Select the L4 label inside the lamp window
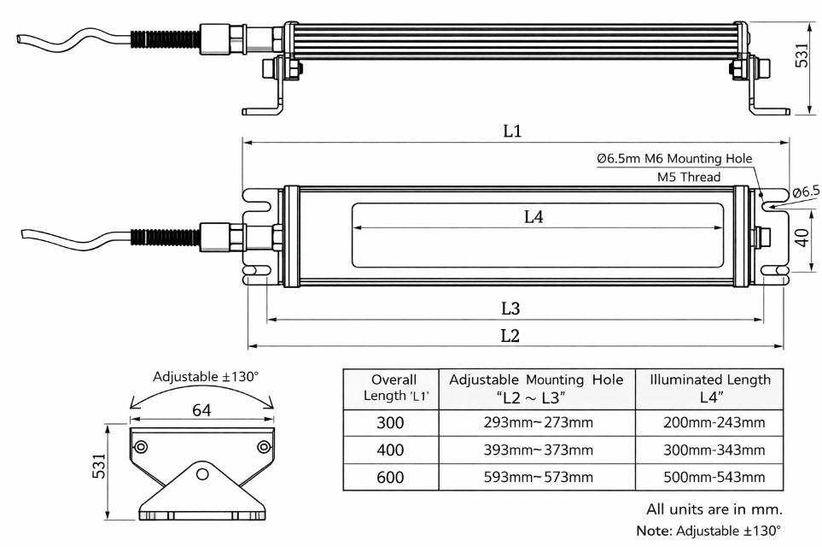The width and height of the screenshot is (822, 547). tap(533, 217)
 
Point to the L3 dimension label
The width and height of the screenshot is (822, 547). tap(511, 308)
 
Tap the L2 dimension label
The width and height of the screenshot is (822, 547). tap(510, 335)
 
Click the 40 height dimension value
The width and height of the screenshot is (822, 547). tap(802, 237)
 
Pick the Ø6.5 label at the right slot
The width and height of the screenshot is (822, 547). tap(806, 192)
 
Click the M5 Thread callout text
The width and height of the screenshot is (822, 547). tap(689, 177)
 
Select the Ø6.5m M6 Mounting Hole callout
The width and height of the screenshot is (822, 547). tap(674, 159)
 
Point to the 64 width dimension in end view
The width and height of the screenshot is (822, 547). tap(201, 410)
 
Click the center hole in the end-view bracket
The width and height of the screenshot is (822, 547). tap(202, 473)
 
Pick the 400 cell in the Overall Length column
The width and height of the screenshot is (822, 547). tap(390, 450)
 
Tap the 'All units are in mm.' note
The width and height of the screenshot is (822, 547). tap(714, 509)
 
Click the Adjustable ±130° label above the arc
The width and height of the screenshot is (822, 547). tap(206, 376)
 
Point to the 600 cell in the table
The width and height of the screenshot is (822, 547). tap(390, 477)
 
